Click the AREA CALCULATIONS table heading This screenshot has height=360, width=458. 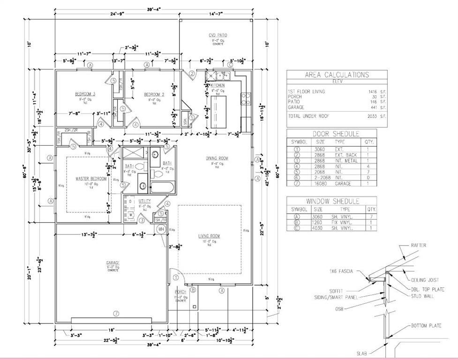[x=337, y=75]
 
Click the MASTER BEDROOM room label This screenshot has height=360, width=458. [x=91, y=179]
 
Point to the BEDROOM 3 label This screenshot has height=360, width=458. [x=85, y=94]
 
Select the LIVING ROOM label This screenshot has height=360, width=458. [x=209, y=236]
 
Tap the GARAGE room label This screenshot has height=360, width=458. [x=113, y=263]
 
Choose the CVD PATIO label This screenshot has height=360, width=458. [x=217, y=36]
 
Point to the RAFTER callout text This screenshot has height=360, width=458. [x=418, y=245]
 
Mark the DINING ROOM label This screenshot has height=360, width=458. [x=217, y=158]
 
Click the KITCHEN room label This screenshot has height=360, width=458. [x=217, y=86]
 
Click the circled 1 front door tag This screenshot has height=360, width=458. [x=176, y=277]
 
